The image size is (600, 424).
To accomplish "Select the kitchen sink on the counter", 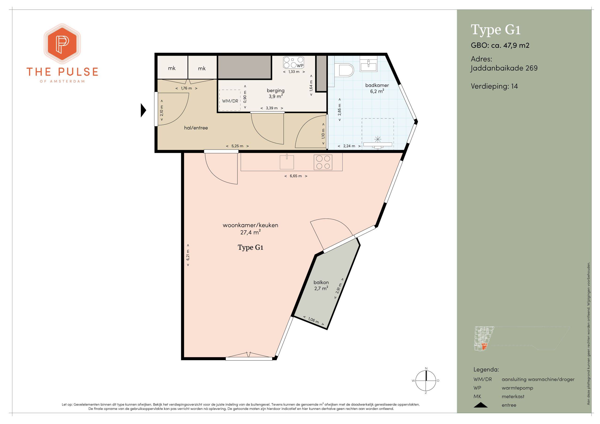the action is (287, 162).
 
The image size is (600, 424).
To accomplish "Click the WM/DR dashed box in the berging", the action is (230, 100).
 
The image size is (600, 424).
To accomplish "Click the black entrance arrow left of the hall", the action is (143, 110).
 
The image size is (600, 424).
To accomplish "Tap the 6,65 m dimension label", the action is (296, 176).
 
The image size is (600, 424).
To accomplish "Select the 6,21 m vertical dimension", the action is (188, 255).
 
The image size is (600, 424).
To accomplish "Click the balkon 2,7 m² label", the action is (321, 286).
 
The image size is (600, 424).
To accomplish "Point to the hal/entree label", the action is (196, 128).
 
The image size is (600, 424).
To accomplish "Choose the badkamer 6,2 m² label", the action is (377, 88).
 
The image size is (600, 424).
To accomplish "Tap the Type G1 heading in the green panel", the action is (496, 30).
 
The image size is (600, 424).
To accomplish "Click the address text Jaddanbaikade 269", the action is (504, 68).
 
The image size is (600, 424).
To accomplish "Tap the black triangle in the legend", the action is (480, 405).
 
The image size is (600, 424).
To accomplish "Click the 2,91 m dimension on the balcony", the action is (339, 292).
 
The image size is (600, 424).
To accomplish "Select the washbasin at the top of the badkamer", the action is (369, 65).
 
